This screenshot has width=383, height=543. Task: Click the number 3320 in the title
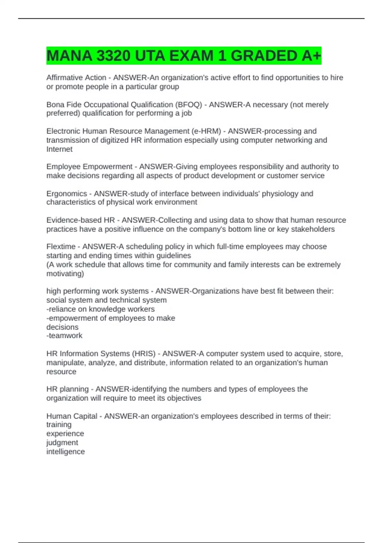(113, 56)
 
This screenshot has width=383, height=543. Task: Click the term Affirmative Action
(76, 78)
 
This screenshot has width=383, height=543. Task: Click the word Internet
(59, 149)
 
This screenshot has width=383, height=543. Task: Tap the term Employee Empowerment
(89, 167)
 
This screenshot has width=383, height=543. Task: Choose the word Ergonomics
(67, 194)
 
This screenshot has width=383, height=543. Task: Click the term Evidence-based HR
(80, 220)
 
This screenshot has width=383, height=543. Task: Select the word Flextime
(61, 247)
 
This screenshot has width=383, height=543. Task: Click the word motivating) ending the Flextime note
(65, 274)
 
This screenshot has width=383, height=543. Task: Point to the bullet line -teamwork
(64, 336)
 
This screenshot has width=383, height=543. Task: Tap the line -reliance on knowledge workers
(101, 309)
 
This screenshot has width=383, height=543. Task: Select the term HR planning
(67, 389)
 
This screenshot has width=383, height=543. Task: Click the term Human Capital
(72, 416)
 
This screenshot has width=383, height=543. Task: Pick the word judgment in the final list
(62, 443)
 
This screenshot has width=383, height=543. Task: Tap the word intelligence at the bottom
(65, 452)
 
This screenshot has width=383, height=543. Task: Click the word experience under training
(65, 434)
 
